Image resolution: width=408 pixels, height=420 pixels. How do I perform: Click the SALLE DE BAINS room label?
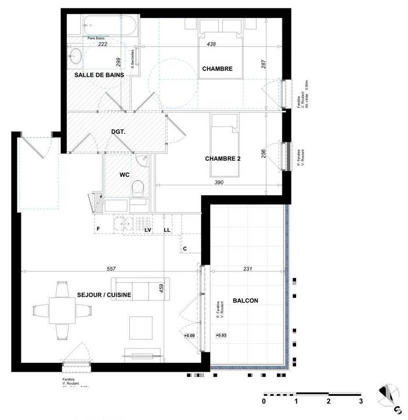coord(99,75)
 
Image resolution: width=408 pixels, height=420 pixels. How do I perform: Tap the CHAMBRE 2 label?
coord(223,159)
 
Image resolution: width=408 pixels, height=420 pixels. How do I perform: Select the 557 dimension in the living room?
coord(111,268)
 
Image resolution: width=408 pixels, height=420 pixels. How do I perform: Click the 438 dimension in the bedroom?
coord(211,45)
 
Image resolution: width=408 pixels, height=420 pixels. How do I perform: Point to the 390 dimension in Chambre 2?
coord(219,183)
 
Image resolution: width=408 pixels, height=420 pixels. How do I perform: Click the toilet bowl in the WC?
coord(138,187)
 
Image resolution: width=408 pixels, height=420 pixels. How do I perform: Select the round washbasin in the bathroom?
coord(76,56)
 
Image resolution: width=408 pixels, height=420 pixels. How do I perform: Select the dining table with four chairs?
coord(62,311)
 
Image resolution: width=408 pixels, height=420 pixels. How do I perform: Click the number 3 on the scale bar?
coord(361,402)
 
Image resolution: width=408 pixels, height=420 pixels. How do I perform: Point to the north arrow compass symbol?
coord(390,395)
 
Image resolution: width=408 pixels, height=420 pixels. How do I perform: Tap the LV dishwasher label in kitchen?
coord(148,230)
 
